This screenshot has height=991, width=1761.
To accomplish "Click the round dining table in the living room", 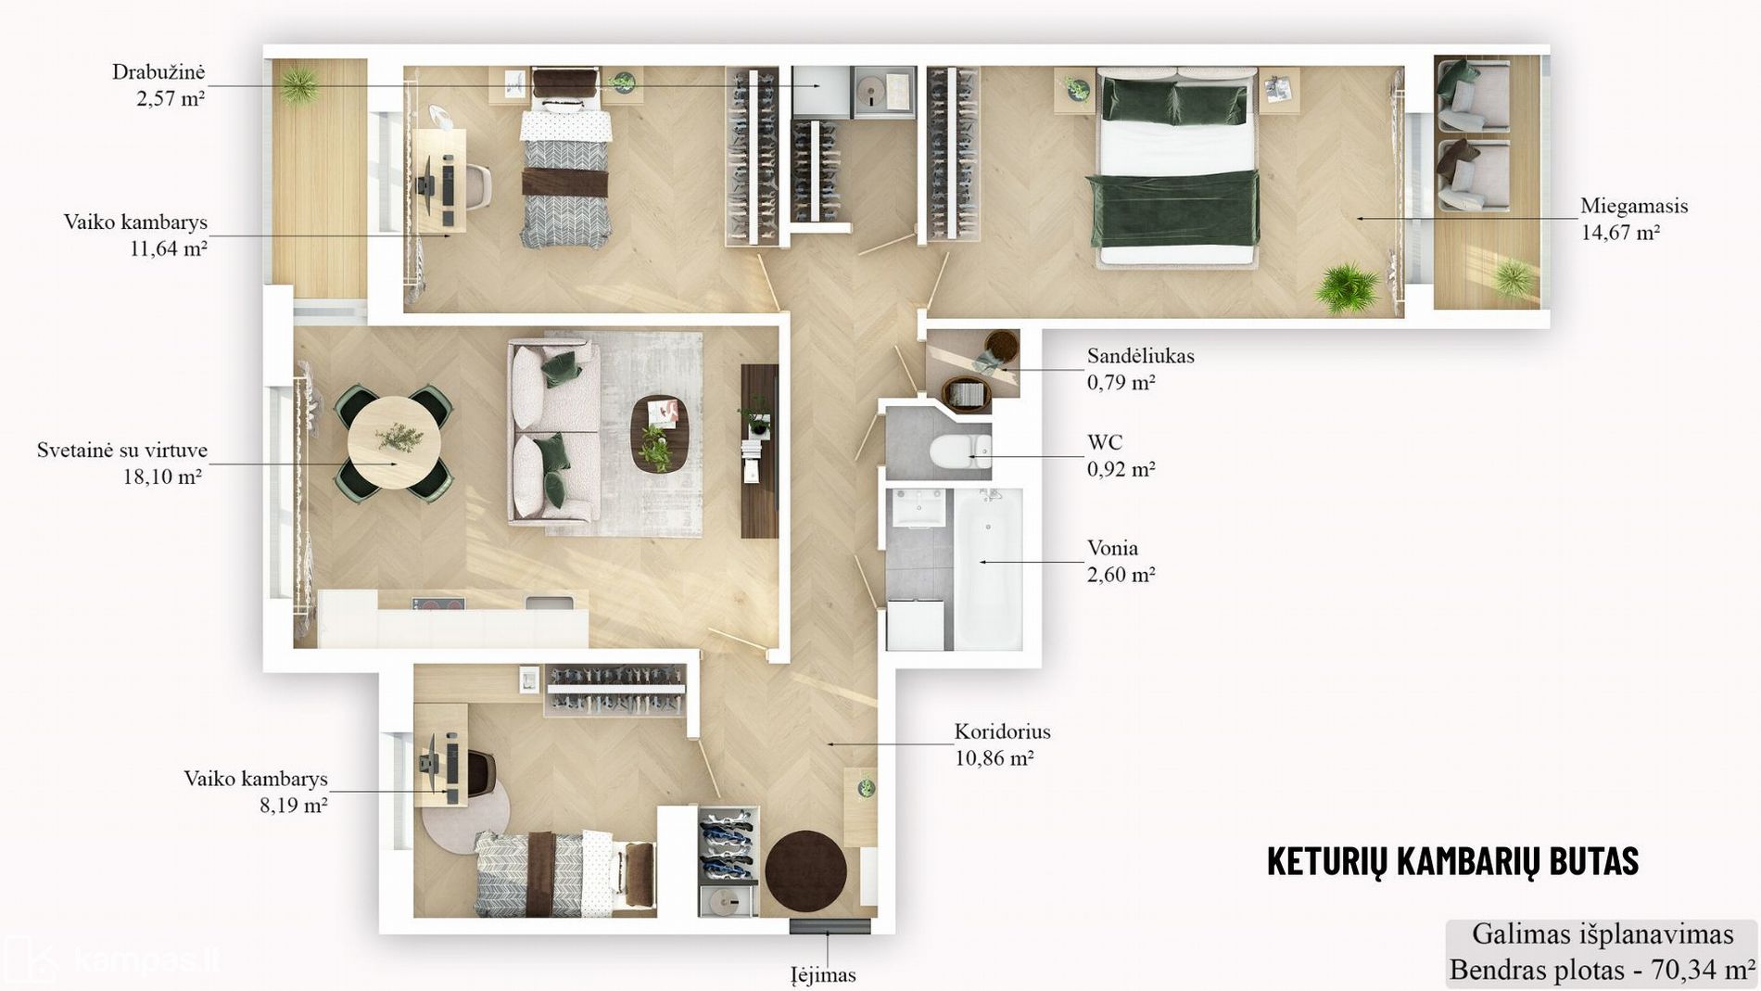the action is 395,443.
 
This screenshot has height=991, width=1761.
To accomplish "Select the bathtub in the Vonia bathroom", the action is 988,568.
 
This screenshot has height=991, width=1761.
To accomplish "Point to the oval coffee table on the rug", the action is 660,433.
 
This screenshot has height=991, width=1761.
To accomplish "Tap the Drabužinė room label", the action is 158,72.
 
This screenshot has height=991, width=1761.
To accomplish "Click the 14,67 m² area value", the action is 1620,233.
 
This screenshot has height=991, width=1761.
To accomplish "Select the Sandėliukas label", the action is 1140,356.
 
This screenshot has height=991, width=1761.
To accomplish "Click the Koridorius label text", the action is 1002,731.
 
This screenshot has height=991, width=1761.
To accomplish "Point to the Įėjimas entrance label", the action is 823,975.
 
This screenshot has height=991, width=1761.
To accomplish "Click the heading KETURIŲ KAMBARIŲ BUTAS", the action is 1452,860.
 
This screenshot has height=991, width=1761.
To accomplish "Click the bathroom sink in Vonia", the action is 919,507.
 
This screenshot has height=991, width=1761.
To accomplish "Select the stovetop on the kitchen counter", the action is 438,603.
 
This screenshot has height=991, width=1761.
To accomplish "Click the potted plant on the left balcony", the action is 299,86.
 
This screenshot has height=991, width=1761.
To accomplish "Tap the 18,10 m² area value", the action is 162,476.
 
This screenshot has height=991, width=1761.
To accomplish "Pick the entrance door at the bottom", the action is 830,926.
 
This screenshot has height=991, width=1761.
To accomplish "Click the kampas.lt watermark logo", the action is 112,959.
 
